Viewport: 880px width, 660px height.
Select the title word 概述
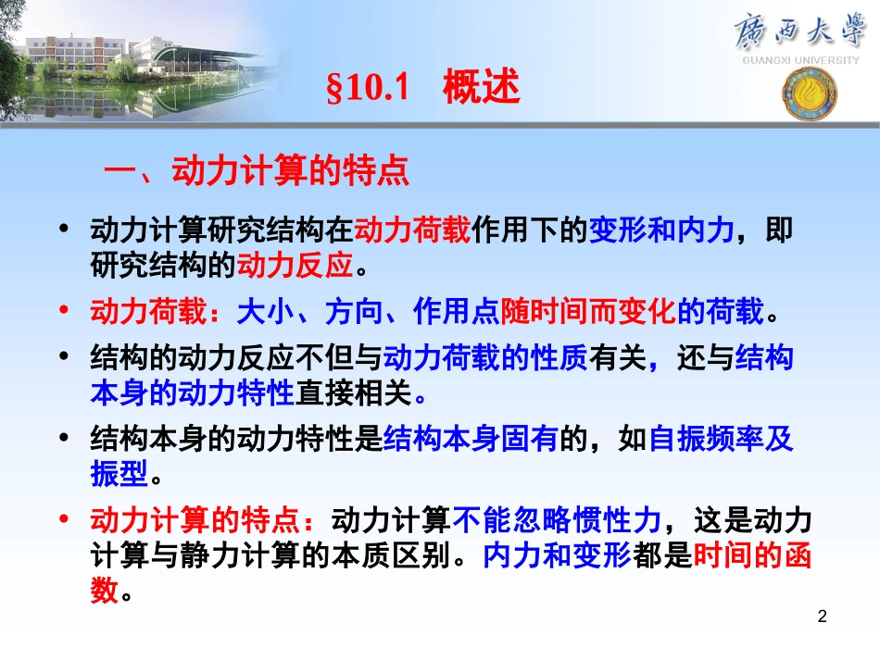click(482, 89)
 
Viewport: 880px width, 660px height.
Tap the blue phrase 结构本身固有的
click(470, 440)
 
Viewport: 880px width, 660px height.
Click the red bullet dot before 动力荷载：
click(63, 312)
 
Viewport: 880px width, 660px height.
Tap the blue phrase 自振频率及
click(721, 440)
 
